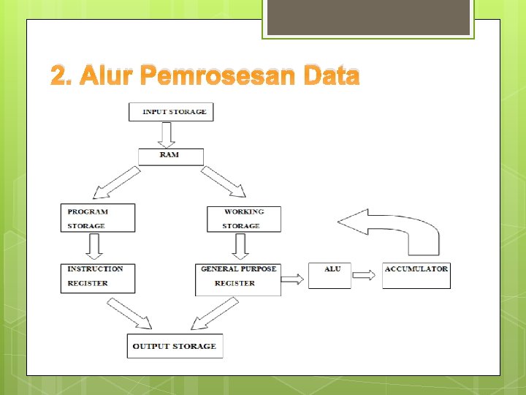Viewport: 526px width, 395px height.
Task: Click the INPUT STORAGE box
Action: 171,112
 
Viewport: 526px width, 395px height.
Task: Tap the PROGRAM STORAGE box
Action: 98,218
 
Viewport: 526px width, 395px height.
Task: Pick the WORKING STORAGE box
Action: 243,218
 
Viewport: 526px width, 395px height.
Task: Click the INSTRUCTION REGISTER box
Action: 98,278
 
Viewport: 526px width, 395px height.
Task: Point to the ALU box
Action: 329,276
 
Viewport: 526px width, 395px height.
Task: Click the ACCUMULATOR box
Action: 416,276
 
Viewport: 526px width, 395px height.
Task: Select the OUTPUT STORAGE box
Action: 175,346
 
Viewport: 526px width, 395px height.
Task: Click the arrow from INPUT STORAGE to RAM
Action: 167,135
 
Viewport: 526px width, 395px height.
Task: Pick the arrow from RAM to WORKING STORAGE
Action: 224,182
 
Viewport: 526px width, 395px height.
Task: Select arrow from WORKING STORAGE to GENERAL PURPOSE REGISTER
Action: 240,247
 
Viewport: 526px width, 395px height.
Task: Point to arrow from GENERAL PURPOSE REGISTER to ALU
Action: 293,278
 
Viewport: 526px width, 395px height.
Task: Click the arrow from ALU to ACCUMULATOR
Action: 365,275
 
